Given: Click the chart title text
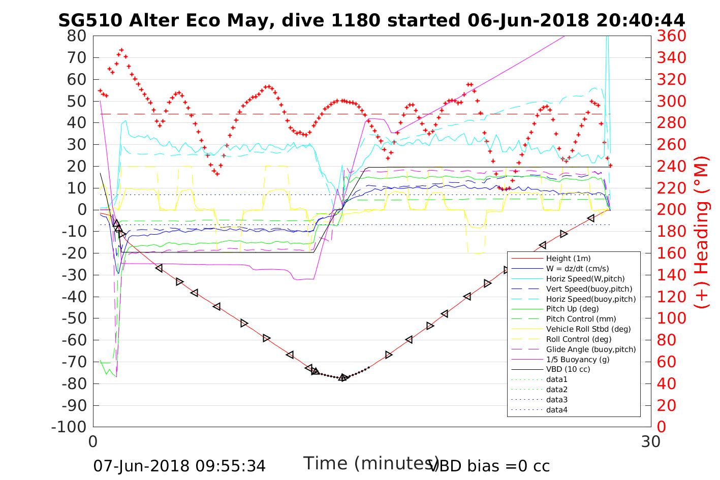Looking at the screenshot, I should tap(371, 20).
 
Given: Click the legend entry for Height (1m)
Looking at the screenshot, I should tap(568, 259).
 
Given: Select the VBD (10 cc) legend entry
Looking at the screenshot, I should tap(568, 369).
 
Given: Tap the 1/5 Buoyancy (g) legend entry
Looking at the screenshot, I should tap(578, 359).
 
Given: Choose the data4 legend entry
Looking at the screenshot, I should tap(556, 409).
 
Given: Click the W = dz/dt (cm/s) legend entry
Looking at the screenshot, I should tap(577, 269).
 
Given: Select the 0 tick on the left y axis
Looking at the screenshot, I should tap(82, 210).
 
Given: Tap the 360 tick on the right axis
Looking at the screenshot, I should tap(671, 36).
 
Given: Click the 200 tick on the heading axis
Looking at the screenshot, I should tap(671, 210).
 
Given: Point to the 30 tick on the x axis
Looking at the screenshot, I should tap(651, 441).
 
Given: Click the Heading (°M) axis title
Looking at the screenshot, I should tap(701, 232).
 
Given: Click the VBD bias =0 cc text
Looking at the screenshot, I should tap(489, 465).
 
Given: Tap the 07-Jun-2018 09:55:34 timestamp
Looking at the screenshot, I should tap(179, 466).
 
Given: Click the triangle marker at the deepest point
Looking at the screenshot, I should tap(343, 377).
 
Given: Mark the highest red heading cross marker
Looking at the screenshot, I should tap(121, 50).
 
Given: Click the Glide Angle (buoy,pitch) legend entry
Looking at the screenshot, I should tap(591, 349).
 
